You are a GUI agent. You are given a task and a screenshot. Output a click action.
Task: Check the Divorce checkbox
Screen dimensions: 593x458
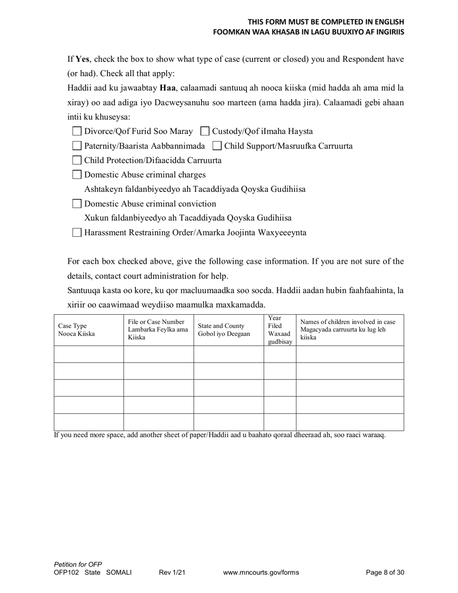pyautogui.click(x=77, y=131)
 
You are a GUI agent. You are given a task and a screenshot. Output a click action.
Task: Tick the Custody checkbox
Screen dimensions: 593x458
pyautogui.click(x=205, y=131)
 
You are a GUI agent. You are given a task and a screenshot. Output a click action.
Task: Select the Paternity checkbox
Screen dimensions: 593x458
pyautogui.click(x=77, y=146)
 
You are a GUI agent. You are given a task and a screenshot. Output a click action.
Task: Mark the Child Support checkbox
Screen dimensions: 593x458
pyautogui.click(x=217, y=146)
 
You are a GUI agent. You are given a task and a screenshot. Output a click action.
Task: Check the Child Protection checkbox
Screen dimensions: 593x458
pyautogui.click(x=77, y=161)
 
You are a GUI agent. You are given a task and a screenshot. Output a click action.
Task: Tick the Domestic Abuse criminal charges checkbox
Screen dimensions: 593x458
pyautogui.click(x=77, y=175)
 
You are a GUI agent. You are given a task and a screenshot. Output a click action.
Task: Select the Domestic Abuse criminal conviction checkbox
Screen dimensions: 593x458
pyautogui.click(x=77, y=203)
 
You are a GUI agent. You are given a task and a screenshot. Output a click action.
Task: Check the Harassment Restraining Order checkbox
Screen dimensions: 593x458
pyautogui.click(x=77, y=233)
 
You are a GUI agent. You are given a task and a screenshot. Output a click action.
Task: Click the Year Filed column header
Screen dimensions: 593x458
pyautogui.click(x=280, y=330)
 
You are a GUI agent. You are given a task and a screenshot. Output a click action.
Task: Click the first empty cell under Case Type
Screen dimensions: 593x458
pyautogui.click(x=89, y=354)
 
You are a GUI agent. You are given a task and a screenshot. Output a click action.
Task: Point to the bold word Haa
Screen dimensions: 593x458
pyautogui.click(x=167, y=88)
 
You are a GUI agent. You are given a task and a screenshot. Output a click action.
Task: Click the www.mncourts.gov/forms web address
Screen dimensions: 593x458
pyautogui.click(x=261, y=573)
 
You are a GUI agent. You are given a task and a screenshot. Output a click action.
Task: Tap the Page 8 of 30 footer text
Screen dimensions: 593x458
pyautogui.click(x=385, y=573)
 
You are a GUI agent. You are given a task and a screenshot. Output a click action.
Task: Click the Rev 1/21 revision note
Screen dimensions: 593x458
pyautogui.click(x=172, y=573)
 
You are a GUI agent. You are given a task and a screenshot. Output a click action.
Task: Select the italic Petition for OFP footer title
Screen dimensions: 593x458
pyautogui.click(x=78, y=565)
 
